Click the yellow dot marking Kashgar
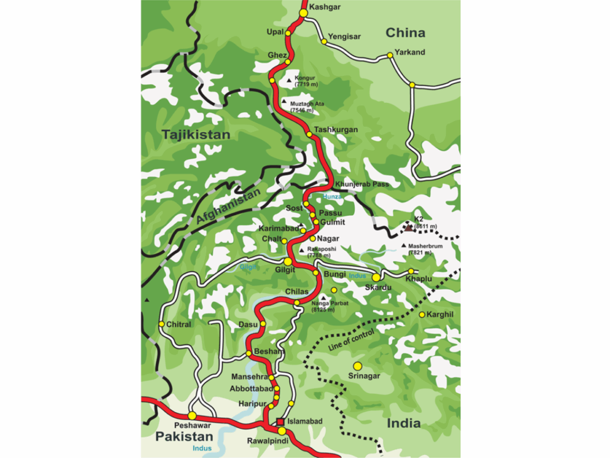(303, 13)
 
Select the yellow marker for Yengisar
(324, 41)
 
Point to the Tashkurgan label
(335, 130)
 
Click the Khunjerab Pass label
(362, 184)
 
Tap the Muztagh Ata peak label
(305, 105)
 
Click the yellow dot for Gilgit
(288, 262)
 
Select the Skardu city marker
(376, 277)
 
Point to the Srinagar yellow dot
(358, 366)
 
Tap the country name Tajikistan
(196, 135)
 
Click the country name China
(405, 33)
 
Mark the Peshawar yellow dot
(192, 415)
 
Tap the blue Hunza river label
(334, 196)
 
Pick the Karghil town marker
(422, 314)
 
